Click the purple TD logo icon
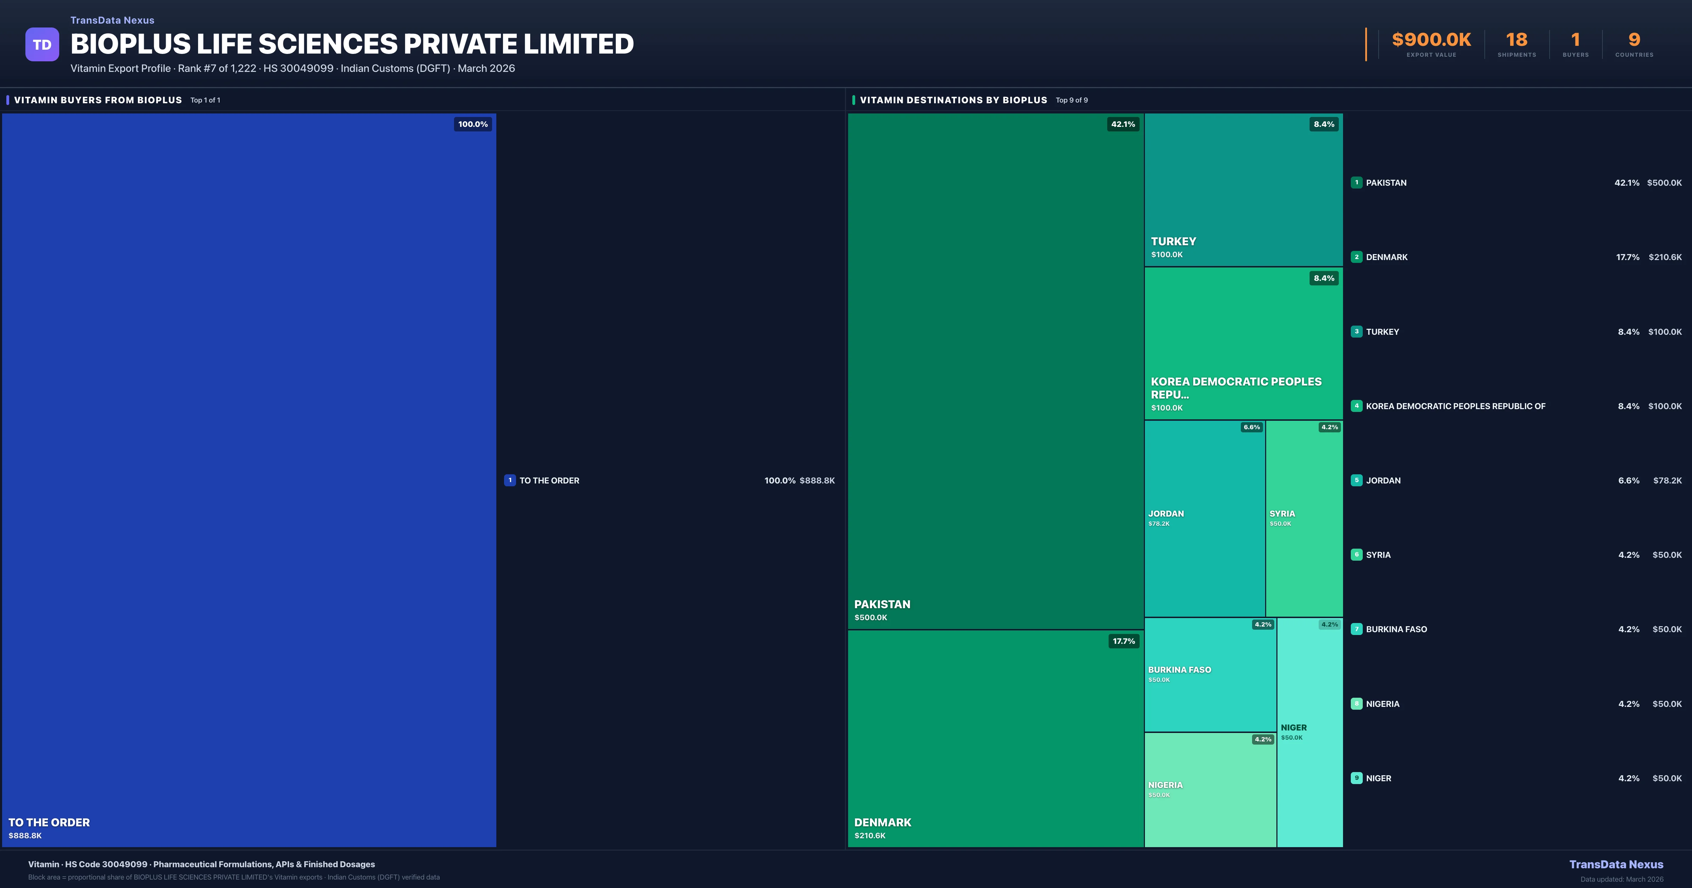(42, 45)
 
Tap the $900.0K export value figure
(1431, 40)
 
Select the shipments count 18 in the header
(1516, 40)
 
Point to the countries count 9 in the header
(1634, 40)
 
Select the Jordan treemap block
(1204, 518)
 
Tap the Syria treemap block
(1304, 518)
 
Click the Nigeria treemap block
(1210, 789)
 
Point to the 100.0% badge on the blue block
(473, 124)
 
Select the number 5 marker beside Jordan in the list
(1356, 480)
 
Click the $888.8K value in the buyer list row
(817, 481)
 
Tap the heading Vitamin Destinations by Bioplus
(953, 100)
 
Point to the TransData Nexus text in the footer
(1616, 864)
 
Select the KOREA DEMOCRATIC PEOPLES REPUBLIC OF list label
(1455, 406)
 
